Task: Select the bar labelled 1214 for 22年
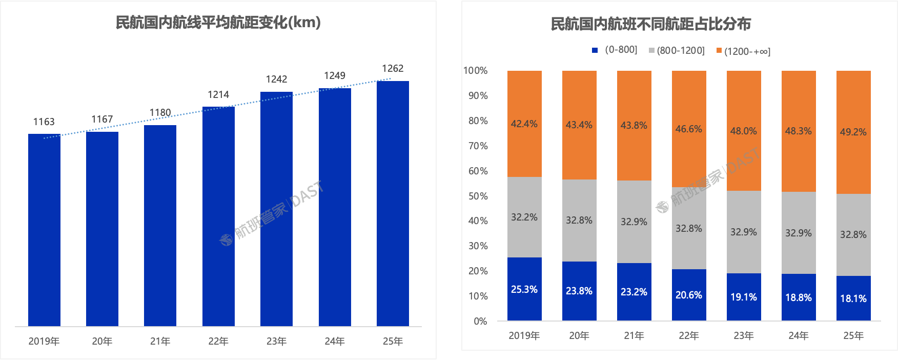pyautogui.click(x=218, y=216)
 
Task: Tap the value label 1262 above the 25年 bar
pyautogui.click(x=393, y=68)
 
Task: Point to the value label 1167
pyautogui.click(x=102, y=119)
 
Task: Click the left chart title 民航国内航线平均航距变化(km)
pyautogui.click(x=218, y=23)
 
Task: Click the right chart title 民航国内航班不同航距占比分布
pyautogui.click(x=650, y=24)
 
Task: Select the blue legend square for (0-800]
pyautogui.click(x=595, y=50)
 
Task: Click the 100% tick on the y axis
pyautogui.click(x=476, y=71)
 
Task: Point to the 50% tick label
pyautogui.click(x=478, y=196)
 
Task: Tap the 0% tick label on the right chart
pyautogui.click(x=480, y=321)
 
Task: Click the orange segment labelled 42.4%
pyautogui.click(x=524, y=124)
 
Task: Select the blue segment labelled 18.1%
pyautogui.click(x=853, y=298)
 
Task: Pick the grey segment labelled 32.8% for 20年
pyautogui.click(x=579, y=220)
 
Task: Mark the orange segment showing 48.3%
pyautogui.click(x=799, y=131)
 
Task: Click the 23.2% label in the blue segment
pyautogui.click(x=634, y=292)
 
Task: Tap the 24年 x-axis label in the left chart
pyautogui.click(x=335, y=341)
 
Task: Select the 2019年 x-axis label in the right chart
pyautogui.click(x=524, y=335)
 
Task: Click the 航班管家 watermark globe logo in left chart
pyautogui.click(x=226, y=239)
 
